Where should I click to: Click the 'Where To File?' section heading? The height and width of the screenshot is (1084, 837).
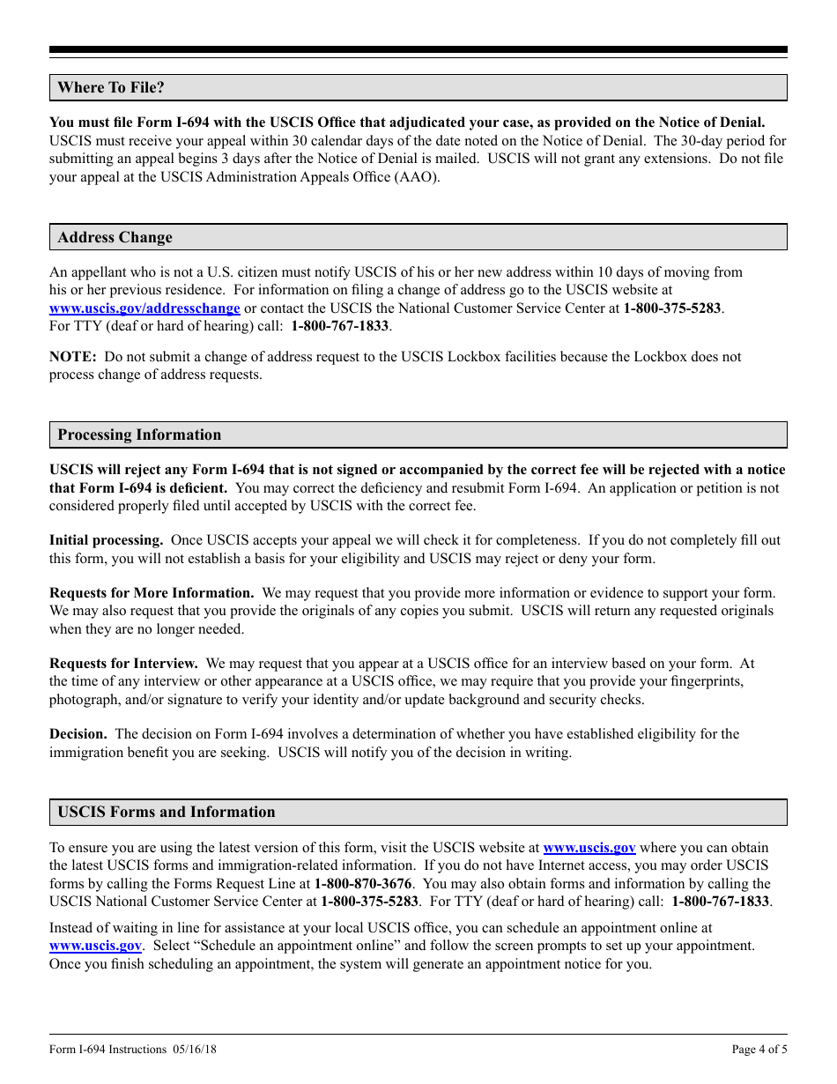(111, 87)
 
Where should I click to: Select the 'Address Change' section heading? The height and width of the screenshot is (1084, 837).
(115, 237)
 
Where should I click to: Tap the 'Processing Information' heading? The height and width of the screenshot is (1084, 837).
(139, 434)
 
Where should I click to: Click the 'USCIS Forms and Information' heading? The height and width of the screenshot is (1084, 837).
(166, 812)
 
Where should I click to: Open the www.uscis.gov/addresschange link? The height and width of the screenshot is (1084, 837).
(144, 308)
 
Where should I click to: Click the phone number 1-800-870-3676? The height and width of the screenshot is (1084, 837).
(363, 883)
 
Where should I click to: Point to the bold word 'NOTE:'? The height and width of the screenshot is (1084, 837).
(72, 357)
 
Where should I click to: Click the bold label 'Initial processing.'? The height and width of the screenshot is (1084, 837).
(106, 540)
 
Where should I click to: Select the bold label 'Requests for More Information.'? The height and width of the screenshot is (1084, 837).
(152, 593)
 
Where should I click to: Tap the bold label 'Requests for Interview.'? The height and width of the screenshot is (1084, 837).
(123, 664)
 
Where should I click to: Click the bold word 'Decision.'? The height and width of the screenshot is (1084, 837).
(78, 734)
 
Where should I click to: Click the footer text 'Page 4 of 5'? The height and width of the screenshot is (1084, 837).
(759, 1049)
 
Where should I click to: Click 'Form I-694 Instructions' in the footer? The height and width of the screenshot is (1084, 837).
(108, 1049)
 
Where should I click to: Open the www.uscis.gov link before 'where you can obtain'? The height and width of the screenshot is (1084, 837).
(589, 848)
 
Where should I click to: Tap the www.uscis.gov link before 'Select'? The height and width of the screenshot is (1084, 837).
(95, 946)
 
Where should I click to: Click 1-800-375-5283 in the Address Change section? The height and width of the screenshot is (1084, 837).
(672, 308)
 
